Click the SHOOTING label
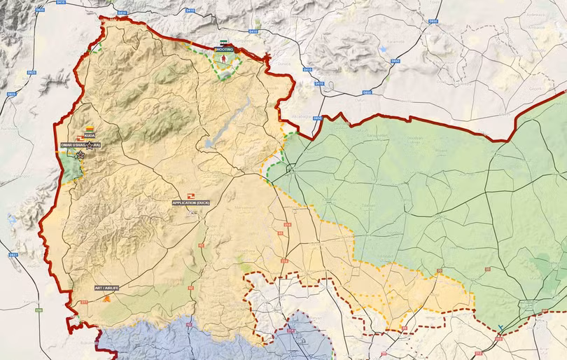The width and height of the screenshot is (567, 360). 224,50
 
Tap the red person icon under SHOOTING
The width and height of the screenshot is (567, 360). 224,60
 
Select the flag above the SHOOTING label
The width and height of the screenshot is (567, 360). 223,43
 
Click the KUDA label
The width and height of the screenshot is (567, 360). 89,135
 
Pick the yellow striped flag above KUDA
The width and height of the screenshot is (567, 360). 90,128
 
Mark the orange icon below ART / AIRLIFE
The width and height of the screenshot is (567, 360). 106,298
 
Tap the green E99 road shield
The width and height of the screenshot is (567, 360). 40,310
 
